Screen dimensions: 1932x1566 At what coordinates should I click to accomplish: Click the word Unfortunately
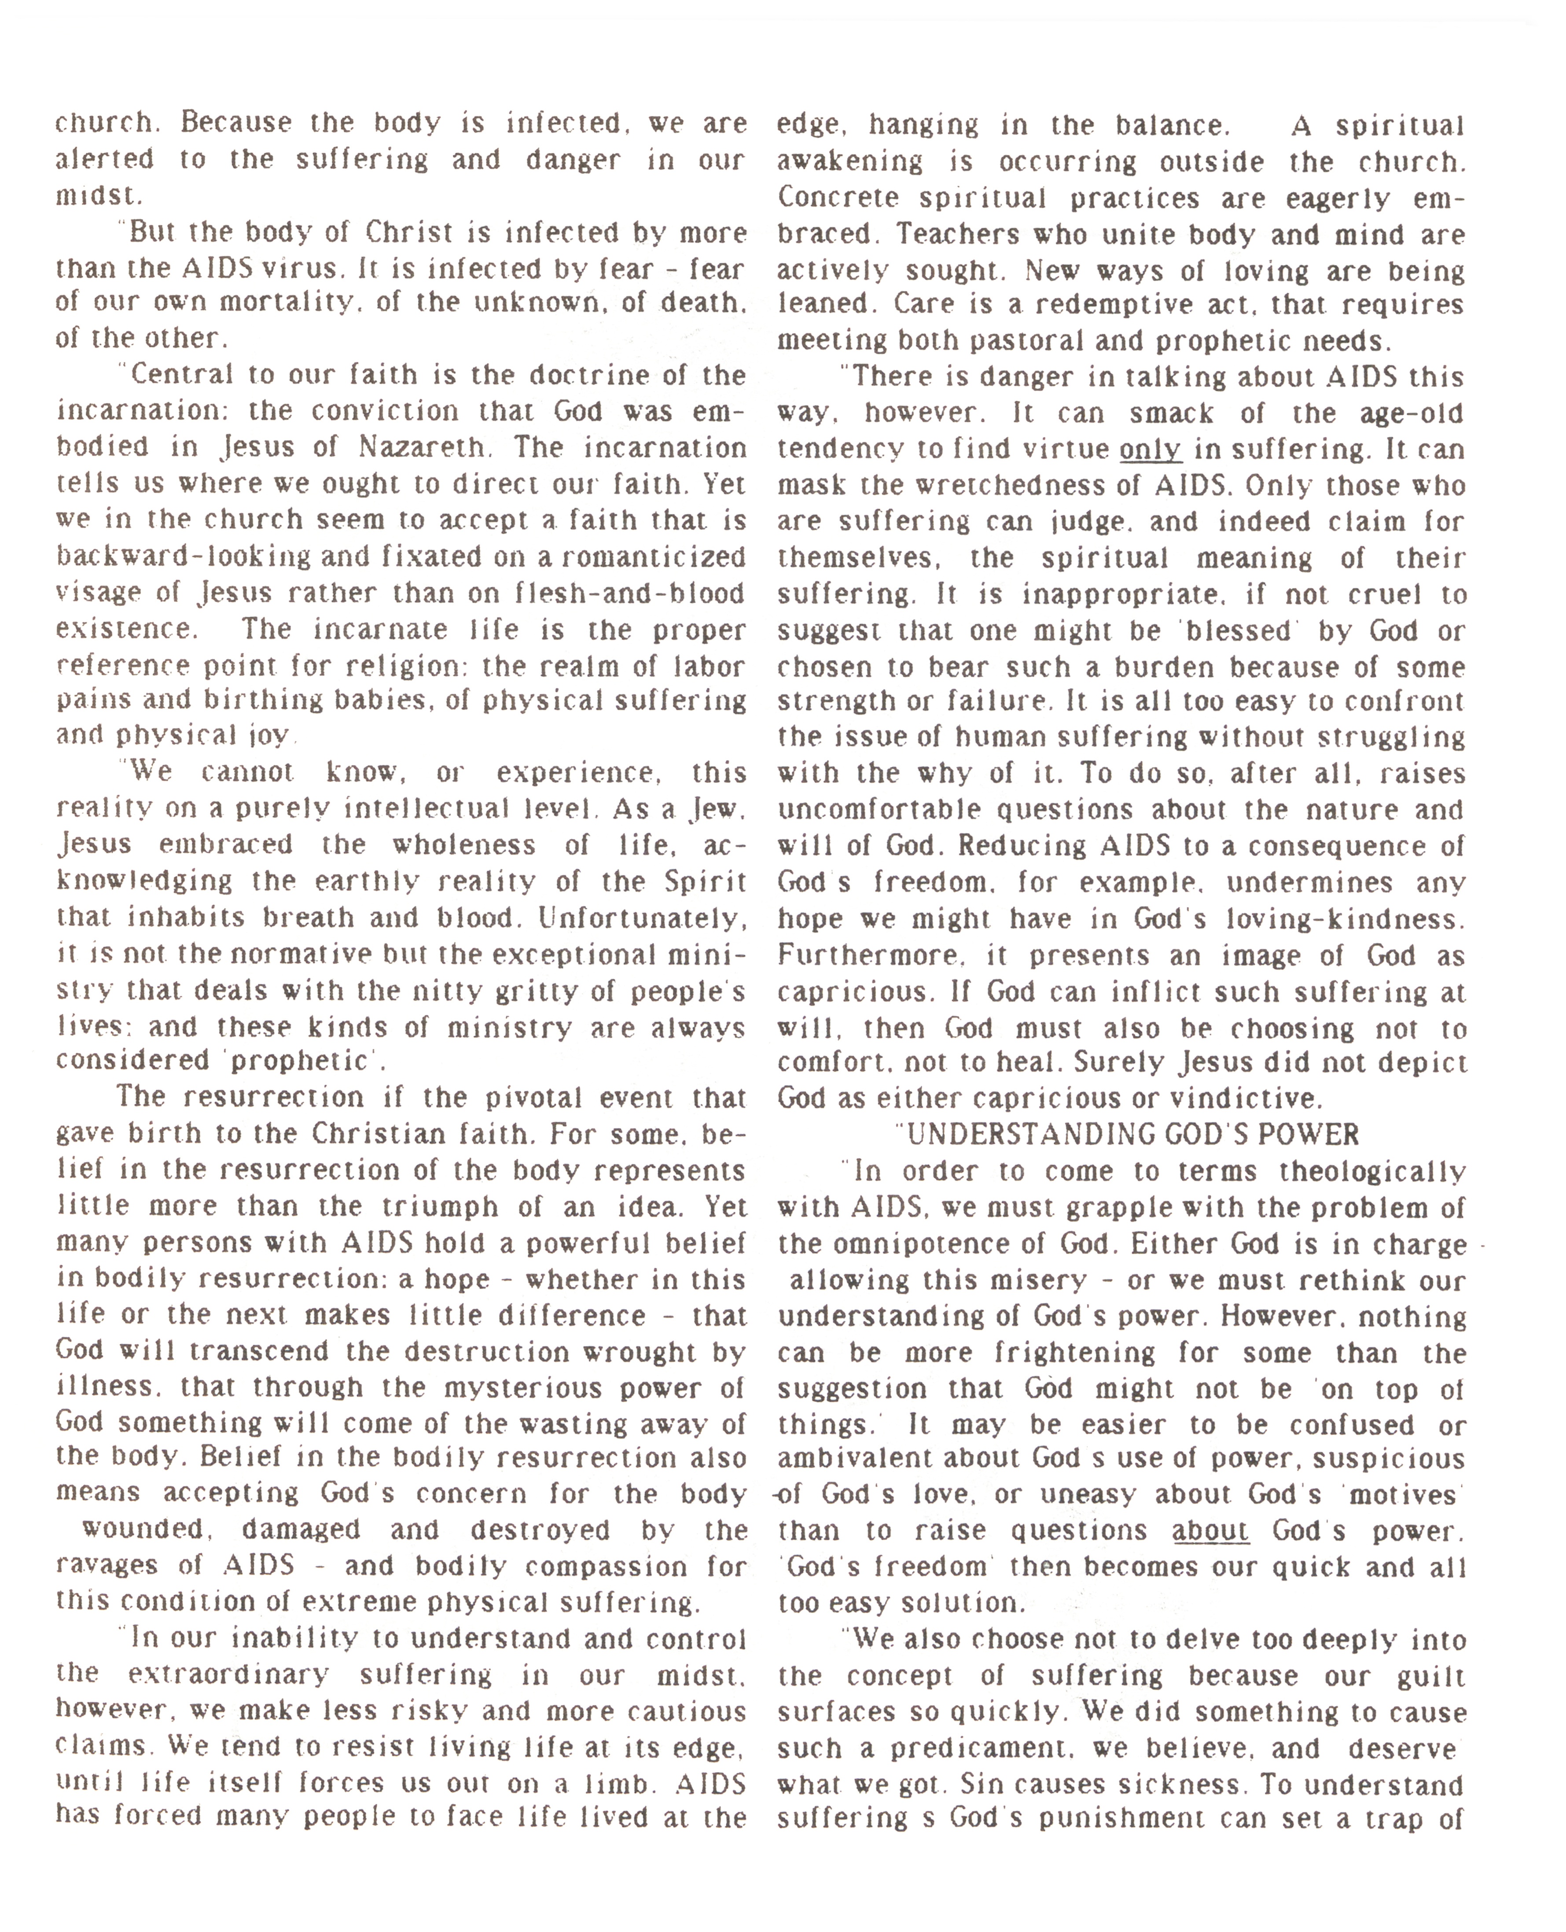point(642,918)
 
